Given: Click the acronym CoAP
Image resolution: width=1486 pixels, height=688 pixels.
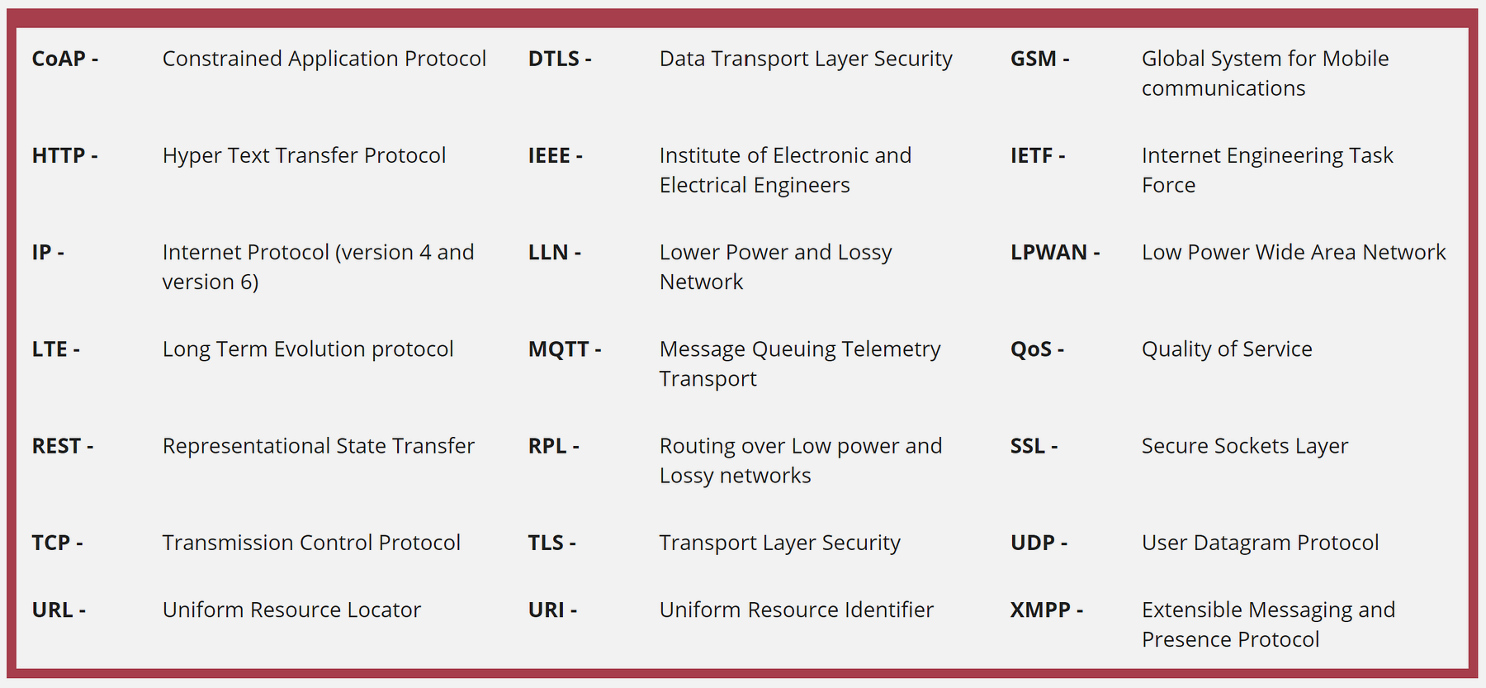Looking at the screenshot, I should [x=59, y=59].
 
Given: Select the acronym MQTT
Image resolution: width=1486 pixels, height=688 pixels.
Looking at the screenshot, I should [x=559, y=349].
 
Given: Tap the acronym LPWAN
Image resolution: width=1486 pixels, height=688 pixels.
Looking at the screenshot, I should [x=1048, y=253].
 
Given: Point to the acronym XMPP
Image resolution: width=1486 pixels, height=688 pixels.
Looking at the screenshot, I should [x=1040, y=610].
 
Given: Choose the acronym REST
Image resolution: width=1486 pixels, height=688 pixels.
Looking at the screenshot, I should [x=56, y=446].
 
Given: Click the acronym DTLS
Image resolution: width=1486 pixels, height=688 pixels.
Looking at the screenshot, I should [x=554, y=59].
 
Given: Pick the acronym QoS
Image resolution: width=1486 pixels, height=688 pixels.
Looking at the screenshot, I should [x=1031, y=349].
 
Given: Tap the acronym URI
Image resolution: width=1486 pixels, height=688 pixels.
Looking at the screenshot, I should [x=547, y=610].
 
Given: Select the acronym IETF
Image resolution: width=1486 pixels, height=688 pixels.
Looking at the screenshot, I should [x=1032, y=155].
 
